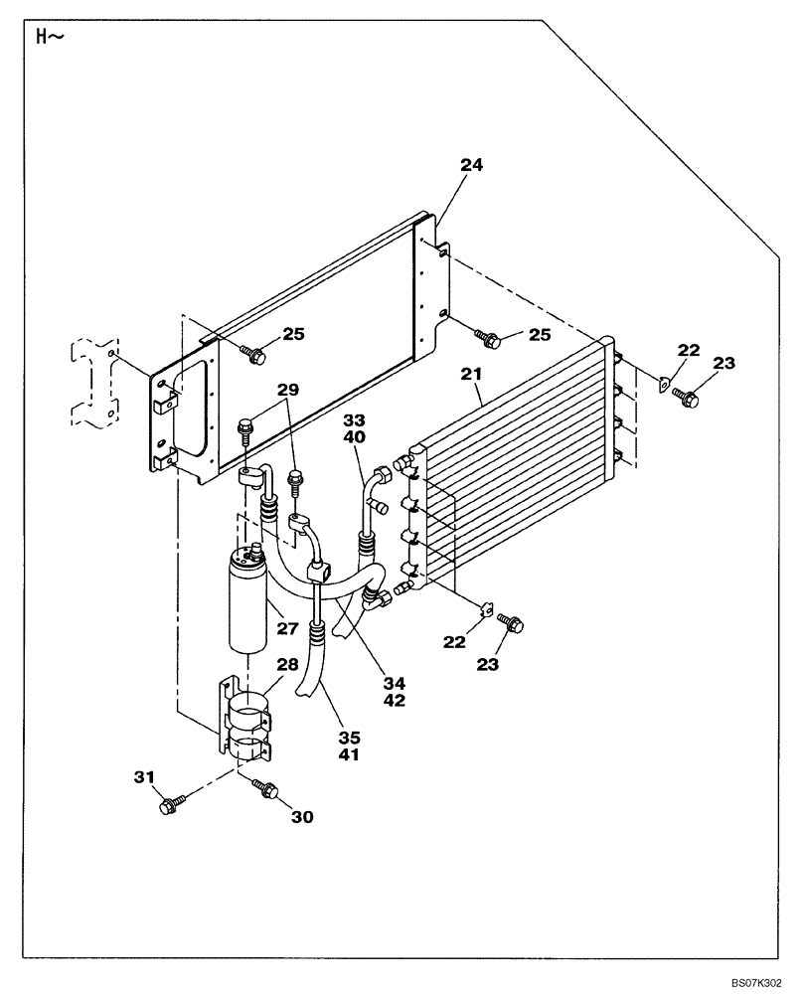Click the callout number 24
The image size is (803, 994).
pos(471,166)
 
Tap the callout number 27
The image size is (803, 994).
pos(288,628)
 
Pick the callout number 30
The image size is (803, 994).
pos(302,817)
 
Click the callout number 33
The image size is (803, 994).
pos(355,420)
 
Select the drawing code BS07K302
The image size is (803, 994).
pos(760,982)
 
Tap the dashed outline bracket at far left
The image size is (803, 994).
pos(90,383)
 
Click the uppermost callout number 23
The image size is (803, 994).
pos(724,364)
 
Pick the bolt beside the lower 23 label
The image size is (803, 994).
pos(513,623)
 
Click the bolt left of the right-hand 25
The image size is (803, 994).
pos(488,338)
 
